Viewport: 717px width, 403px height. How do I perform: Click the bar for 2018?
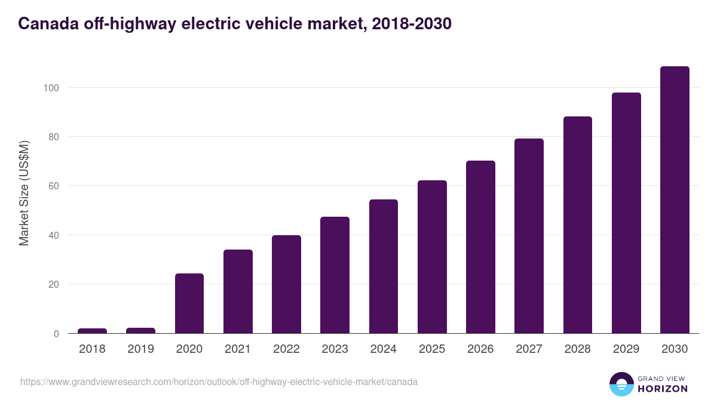[x=92, y=331]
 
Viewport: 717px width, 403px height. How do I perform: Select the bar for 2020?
[x=189, y=303]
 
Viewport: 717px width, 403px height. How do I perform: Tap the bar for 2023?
[x=335, y=275]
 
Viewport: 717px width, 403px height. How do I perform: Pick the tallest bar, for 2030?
[x=675, y=200]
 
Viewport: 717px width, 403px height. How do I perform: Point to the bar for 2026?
[x=480, y=247]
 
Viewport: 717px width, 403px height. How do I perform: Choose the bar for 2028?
[x=578, y=225]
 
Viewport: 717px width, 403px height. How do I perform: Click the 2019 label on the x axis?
[x=140, y=349]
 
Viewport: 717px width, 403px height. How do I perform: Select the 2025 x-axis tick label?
[x=432, y=349]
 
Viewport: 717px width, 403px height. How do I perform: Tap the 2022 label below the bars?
[x=286, y=349]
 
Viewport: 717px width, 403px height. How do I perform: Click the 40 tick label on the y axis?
[x=53, y=235]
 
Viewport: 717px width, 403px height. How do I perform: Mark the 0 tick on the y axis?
[x=56, y=334]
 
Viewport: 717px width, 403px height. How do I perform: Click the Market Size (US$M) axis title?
[x=24, y=193]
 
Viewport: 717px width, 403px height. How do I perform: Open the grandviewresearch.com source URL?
[x=219, y=382]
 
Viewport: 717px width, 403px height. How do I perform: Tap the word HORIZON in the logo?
[x=662, y=389]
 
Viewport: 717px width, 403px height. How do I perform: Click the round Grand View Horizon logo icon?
[x=621, y=384]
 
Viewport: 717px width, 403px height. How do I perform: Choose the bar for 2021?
[x=238, y=291]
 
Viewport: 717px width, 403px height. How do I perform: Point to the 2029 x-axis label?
[x=626, y=349]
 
